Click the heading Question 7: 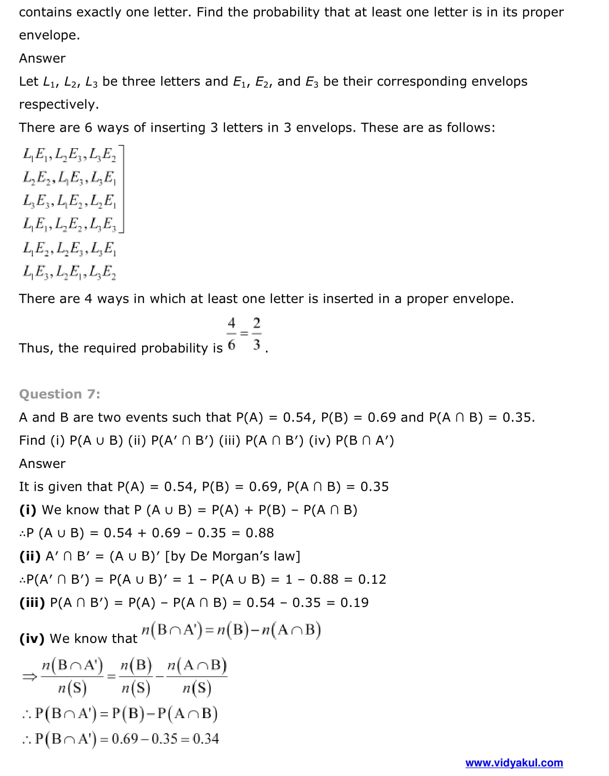coord(60,394)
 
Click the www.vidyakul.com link coord(514,763)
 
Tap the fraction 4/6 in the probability coord(232,334)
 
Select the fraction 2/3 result coord(257,334)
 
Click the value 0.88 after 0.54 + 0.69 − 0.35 coord(260,533)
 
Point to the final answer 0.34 coord(206,739)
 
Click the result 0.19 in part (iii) coord(354,603)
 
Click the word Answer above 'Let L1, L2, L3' coord(42,58)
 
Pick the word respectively coord(59,105)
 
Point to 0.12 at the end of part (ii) coord(372,580)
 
